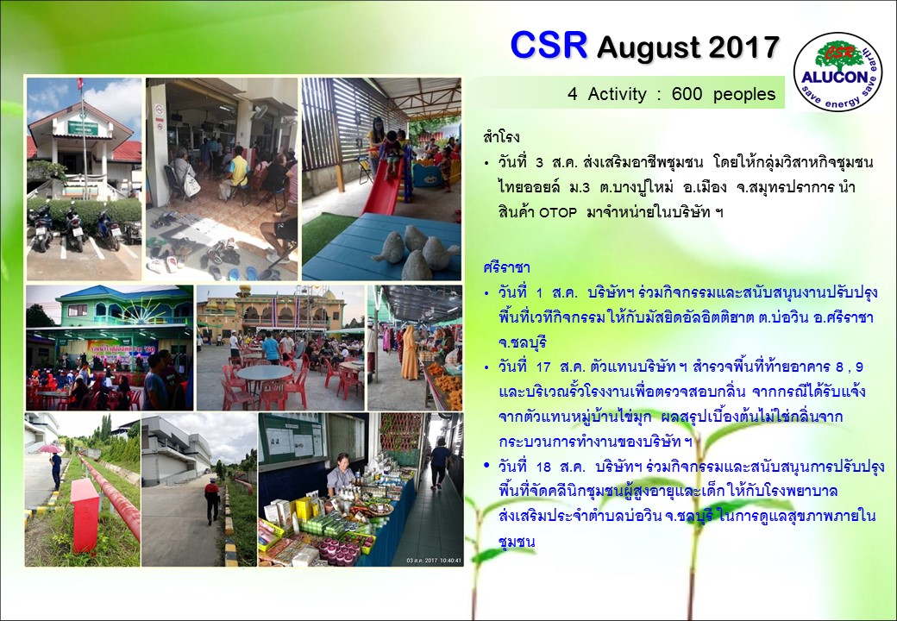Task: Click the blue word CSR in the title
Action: (549, 45)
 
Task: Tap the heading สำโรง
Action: (501, 138)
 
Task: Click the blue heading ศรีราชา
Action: (506, 267)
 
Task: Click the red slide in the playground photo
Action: (385, 179)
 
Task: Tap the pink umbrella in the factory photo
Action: (50, 448)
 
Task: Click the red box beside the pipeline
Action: (85, 515)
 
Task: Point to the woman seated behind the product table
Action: (341, 474)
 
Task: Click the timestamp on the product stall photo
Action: (433, 561)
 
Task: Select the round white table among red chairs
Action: (264, 373)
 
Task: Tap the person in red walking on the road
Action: (212, 501)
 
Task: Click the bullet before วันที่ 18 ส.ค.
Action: (486, 466)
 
